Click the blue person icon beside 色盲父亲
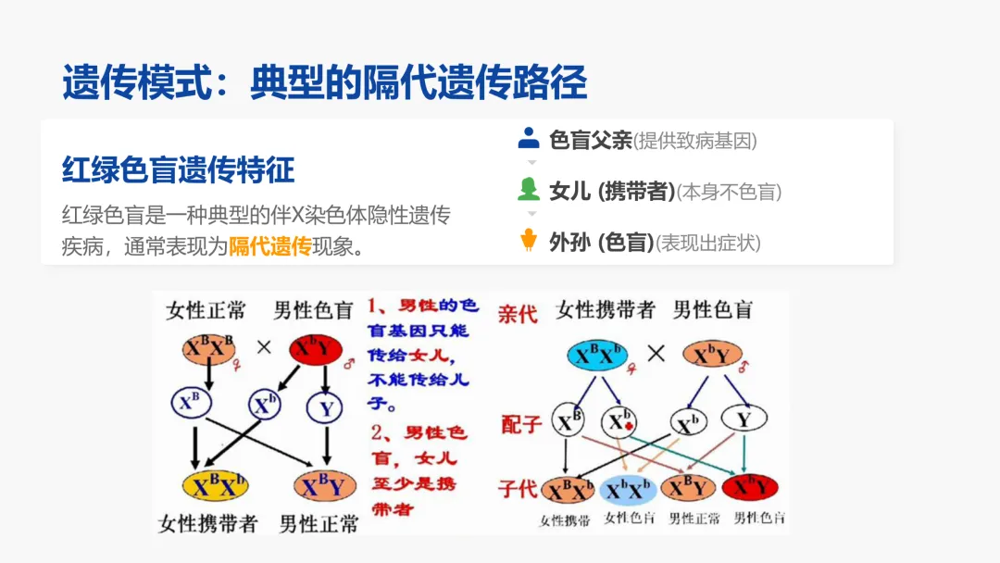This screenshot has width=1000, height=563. tap(529, 139)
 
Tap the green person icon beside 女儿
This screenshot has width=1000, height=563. tap(529, 190)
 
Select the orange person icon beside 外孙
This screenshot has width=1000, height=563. tap(529, 241)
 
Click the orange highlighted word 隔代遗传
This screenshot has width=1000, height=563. tap(269, 246)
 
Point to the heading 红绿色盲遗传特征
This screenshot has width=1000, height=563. tap(178, 170)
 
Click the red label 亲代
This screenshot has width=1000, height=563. tap(518, 313)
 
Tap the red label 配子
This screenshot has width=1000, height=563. tap(519, 423)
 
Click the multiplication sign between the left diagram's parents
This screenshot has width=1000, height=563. tap(263, 348)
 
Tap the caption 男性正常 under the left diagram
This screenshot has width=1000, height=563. tap(319, 523)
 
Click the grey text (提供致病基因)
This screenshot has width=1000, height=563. tap(694, 141)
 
